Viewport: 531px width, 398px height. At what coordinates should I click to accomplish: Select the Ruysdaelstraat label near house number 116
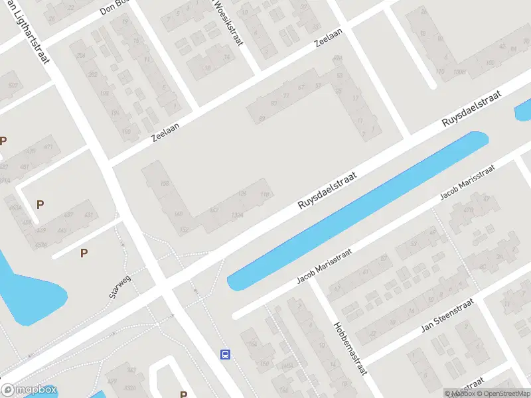pos(327,191)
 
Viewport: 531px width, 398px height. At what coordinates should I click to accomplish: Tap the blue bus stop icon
pos(226,354)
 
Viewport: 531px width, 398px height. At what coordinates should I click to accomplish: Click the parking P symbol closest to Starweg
pos(84,253)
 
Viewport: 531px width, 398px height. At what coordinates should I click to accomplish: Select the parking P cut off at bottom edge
pos(183,394)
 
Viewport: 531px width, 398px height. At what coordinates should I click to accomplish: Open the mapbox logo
pos(29,390)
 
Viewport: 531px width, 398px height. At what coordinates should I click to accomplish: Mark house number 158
pos(165,184)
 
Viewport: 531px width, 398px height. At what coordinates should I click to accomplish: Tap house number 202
pos(93,74)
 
